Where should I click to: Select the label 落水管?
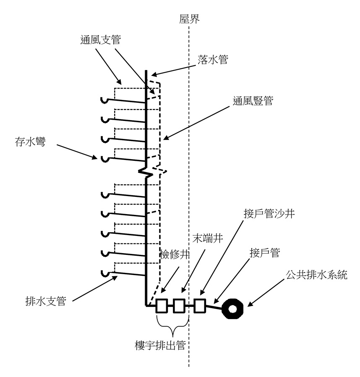(213, 60)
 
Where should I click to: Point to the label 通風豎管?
(253, 101)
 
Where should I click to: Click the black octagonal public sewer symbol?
(234, 310)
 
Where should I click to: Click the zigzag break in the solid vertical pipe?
(146, 171)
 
